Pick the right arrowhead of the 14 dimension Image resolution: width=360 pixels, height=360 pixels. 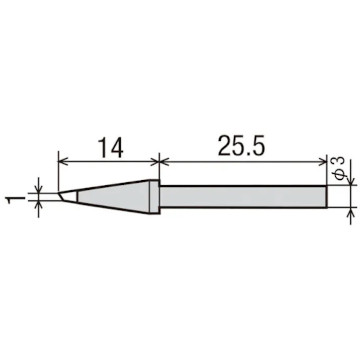tap(155, 162)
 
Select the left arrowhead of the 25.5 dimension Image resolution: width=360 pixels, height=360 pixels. tap(164, 162)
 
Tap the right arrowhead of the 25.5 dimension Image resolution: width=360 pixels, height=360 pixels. tap(323, 162)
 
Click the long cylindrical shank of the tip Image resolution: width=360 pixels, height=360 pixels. tap(242, 196)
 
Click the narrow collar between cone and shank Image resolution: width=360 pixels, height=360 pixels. tap(154, 196)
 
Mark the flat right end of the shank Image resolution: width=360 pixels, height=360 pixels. tap(326, 196)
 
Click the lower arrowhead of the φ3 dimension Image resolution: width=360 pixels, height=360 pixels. tap(347, 212)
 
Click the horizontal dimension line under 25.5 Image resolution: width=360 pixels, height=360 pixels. tap(242, 162)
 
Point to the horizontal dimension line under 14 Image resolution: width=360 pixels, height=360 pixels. tap(109, 162)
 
